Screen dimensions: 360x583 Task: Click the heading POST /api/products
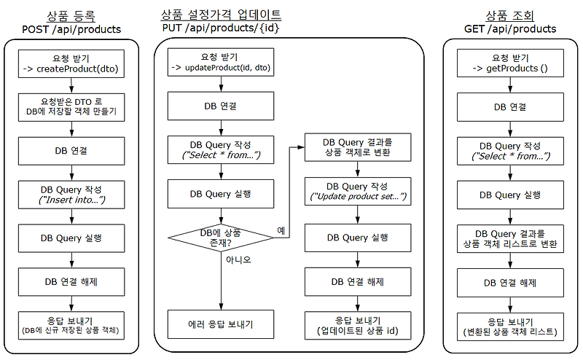[71, 29]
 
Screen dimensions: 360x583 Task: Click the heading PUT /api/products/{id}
[221, 28]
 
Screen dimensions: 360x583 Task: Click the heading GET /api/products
[510, 29]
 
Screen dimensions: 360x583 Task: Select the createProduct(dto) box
[71, 65]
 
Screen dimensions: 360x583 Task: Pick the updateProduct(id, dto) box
[222, 63]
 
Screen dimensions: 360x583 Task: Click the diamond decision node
[221, 238]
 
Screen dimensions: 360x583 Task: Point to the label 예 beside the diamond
[281, 230]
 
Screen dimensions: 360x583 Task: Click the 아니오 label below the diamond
[238, 259]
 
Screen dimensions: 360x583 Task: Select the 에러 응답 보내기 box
[221, 324]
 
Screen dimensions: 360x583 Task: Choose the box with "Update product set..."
[357, 192]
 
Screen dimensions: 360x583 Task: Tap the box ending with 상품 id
[357, 326]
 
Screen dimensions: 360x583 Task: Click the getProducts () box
[510, 63]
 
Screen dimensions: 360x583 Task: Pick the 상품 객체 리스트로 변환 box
[510, 239]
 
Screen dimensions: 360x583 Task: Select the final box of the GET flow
[510, 327]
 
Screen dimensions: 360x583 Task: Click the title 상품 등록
[71, 15]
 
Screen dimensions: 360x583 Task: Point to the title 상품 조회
[510, 15]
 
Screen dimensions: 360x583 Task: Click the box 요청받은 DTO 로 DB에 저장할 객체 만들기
[71, 108]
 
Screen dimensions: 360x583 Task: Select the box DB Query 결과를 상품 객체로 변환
[357, 146]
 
